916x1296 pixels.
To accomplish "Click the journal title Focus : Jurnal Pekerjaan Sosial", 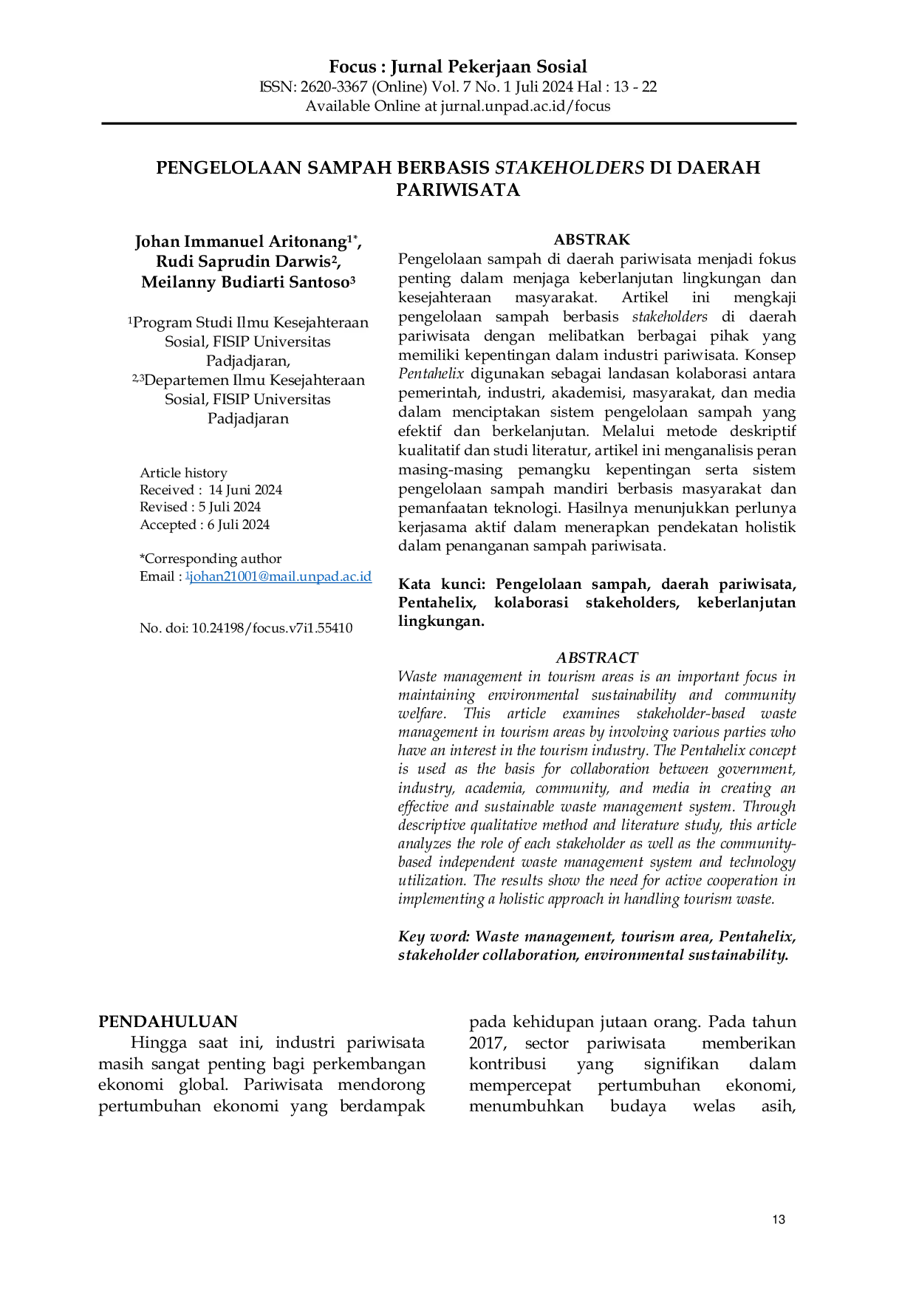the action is (x=458, y=67).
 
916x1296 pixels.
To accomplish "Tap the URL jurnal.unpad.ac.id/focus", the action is (x=525, y=106).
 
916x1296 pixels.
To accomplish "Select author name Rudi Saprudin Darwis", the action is (x=243, y=262).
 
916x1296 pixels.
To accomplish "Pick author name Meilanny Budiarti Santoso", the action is (x=245, y=282).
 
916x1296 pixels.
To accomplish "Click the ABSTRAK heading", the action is (x=592, y=239).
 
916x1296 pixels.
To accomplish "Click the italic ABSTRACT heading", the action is (x=597, y=658).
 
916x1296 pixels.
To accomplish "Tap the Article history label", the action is (x=184, y=473).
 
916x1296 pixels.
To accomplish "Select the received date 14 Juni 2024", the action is (x=245, y=490).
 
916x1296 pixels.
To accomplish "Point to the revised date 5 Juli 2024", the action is (x=230, y=507).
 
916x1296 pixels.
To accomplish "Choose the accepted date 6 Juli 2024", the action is (x=239, y=525).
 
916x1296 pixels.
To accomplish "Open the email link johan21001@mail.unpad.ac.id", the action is (x=281, y=576).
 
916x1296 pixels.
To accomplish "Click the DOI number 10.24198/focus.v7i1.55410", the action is (x=272, y=628).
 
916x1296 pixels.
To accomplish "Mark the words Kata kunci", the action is (x=442, y=584).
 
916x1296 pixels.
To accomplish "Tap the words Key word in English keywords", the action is (x=434, y=937).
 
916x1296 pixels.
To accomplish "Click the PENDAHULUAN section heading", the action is (x=168, y=1022).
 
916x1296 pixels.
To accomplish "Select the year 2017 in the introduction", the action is (x=487, y=1043).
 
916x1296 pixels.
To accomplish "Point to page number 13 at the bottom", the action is (x=779, y=1220).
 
